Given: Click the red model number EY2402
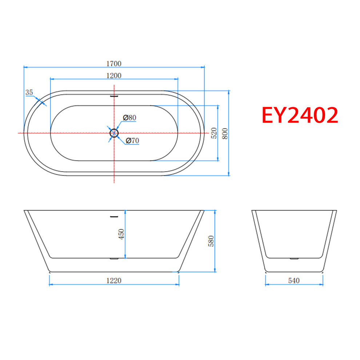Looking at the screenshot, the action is (x=300, y=115).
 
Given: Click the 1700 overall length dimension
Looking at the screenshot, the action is (x=114, y=64).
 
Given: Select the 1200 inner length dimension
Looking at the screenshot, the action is (x=114, y=76).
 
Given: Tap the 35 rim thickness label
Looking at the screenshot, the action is (x=29, y=92).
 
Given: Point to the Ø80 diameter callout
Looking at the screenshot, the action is (x=129, y=117).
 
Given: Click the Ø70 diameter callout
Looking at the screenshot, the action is (x=132, y=140).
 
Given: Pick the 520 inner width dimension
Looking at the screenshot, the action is (x=214, y=133).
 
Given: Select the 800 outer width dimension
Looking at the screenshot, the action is (x=225, y=133).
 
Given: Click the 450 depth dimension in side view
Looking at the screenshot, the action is (x=121, y=234).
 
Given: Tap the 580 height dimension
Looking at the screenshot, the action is (x=211, y=241).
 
